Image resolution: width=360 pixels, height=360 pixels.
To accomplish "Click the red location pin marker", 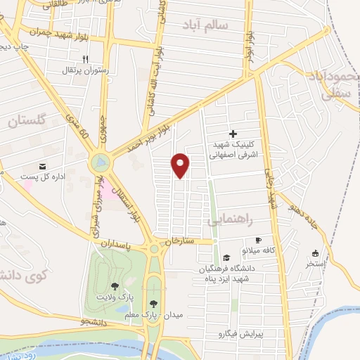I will [181, 165].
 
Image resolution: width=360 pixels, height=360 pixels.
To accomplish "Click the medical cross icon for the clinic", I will [233, 134].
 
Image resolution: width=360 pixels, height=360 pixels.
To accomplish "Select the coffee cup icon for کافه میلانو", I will [258, 240].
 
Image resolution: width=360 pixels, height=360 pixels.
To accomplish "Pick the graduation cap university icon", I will [226, 257].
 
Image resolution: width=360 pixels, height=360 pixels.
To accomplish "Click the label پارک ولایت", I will [113, 297].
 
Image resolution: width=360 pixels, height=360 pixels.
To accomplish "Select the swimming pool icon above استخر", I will [314, 253].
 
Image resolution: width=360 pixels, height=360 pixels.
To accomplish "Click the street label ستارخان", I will [179, 242].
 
